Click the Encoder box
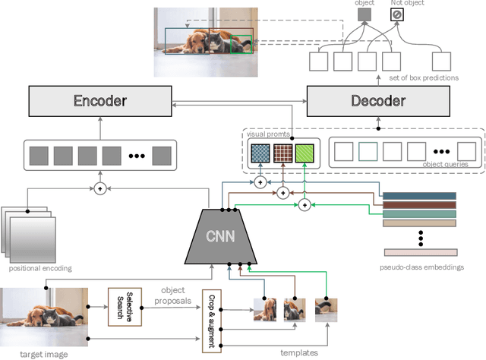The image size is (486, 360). (x=99, y=101)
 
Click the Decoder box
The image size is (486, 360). (x=377, y=101)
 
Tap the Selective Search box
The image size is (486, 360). (x=125, y=307)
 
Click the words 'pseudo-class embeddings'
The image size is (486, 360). (x=421, y=267)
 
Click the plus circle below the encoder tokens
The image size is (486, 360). (x=99, y=188)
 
